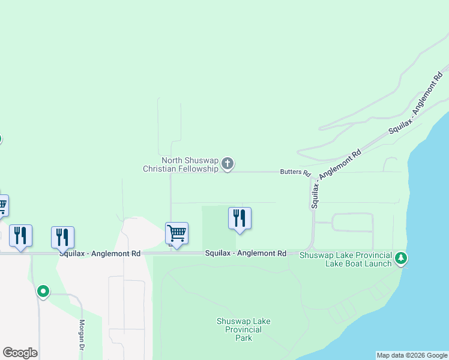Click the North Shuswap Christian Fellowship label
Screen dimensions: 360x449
tap(181, 164)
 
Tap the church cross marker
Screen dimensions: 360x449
tap(227, 163)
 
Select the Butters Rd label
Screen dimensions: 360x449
tap(295, 172)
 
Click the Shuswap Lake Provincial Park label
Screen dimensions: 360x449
tap(243, 329)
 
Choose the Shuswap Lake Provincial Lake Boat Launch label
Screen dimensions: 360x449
tap(345, 259)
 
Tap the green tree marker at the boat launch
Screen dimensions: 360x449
tap(401, 259)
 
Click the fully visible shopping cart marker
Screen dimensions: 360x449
tap(176, 233)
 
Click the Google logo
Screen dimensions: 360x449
tap(20, 353)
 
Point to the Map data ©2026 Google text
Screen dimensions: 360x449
tap(411, 355)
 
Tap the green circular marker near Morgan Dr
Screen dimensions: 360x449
tap(43, 292)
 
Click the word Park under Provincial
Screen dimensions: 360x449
tap(243, 338)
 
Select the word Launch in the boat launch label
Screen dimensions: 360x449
tap(377, 263)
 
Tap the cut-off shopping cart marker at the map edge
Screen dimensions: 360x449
tap(3, 205)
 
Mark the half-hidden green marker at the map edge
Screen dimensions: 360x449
tap(1, 139)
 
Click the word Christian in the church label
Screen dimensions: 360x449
tap(158, 169)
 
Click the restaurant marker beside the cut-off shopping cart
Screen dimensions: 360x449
tap(20, 235)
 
